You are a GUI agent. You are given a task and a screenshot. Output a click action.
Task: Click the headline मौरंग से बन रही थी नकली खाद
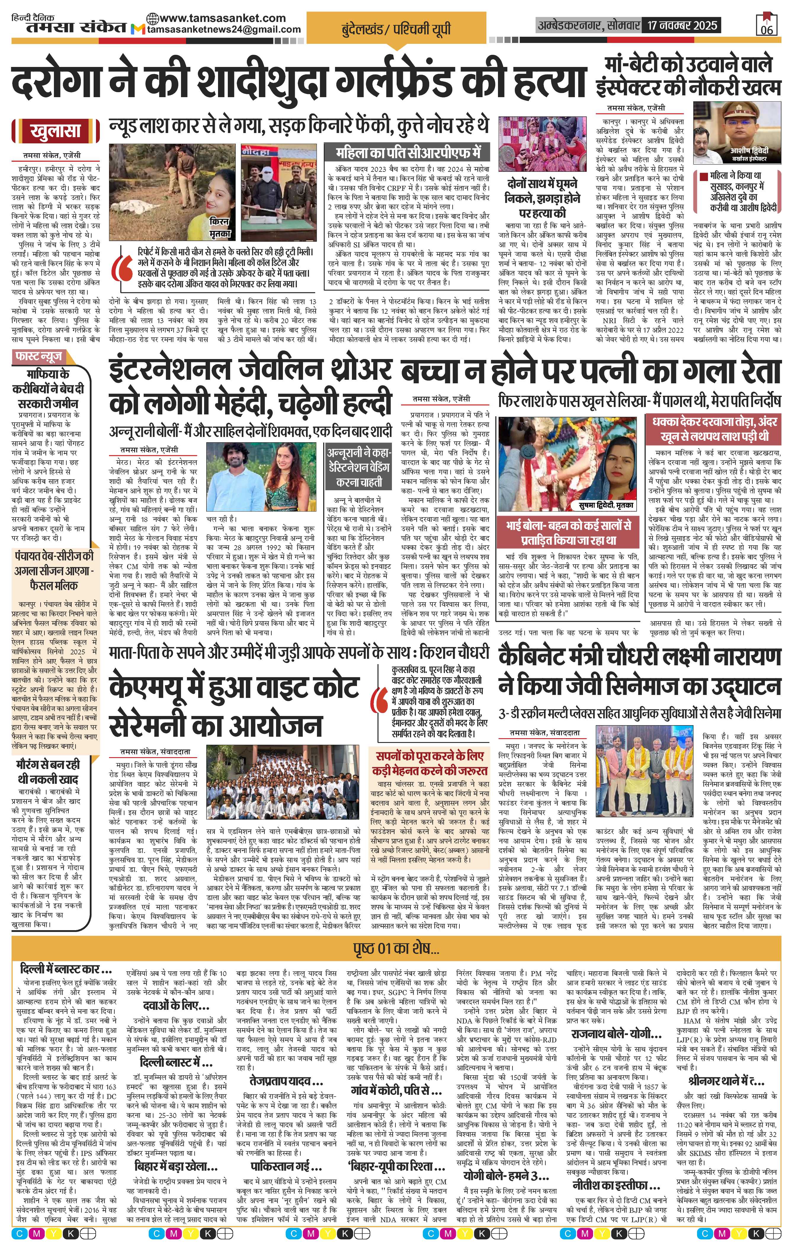click(48, 771)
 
